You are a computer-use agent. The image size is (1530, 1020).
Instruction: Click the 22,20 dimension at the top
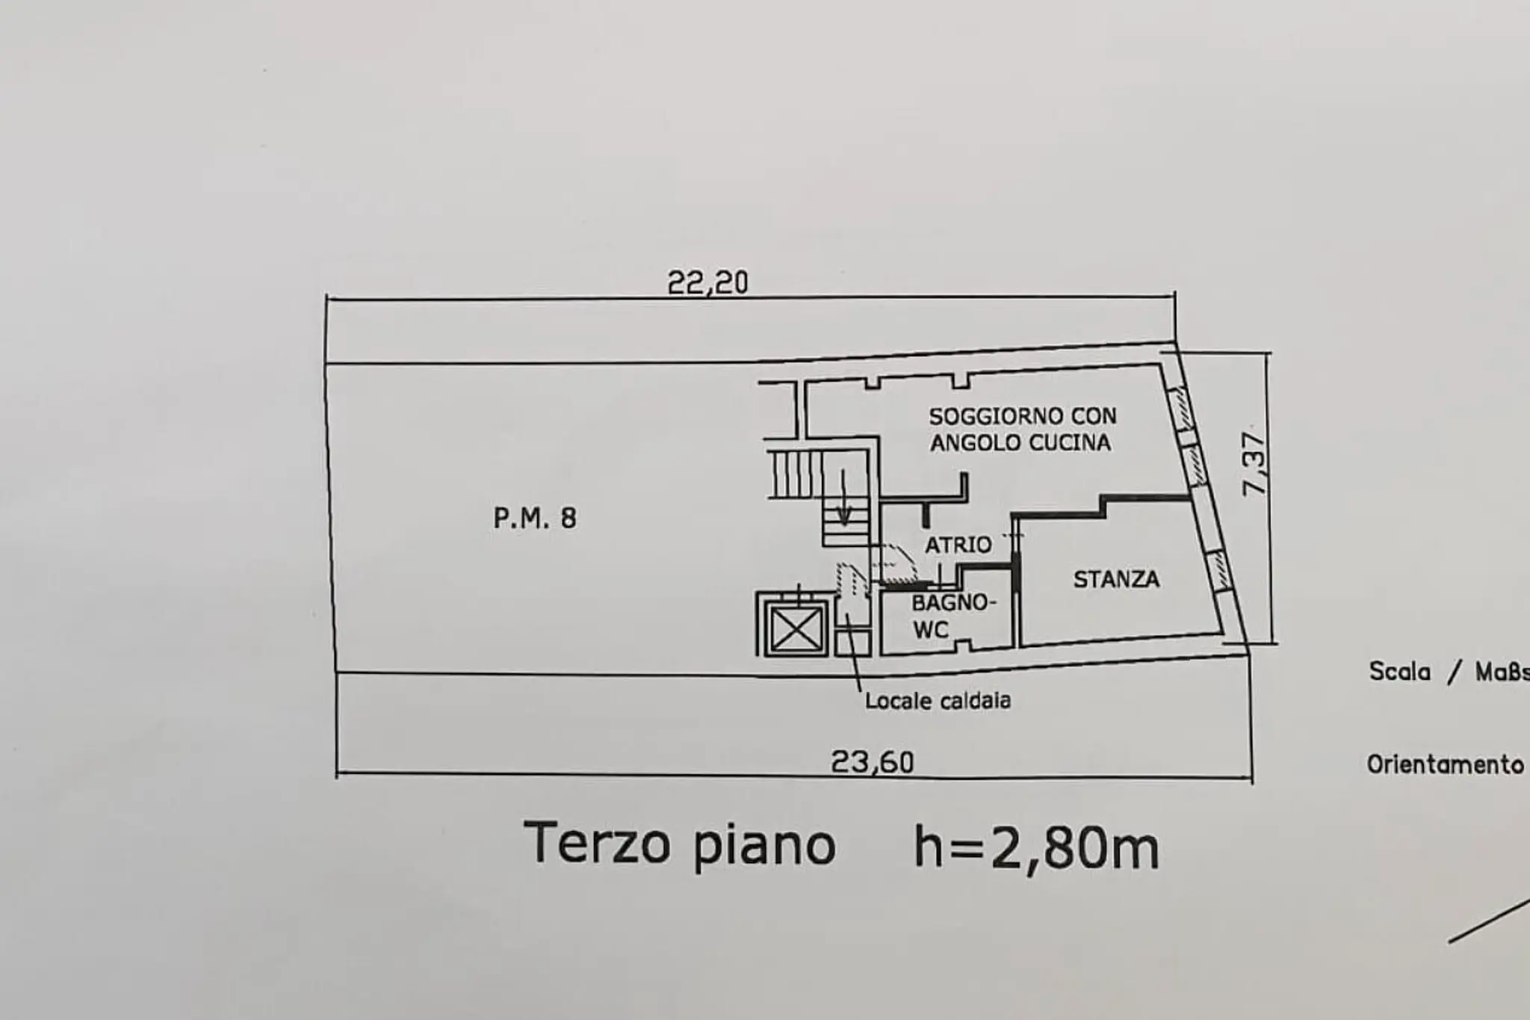click(x=707, y=282)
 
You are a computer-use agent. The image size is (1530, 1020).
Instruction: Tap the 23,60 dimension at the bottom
click(x=873, y=762)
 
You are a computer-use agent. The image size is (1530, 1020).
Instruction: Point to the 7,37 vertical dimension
click(x=1254, y=464)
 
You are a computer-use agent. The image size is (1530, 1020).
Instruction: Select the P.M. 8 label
click(x=535, y=518)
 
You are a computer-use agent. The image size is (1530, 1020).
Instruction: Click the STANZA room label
click(x=1116, y=579)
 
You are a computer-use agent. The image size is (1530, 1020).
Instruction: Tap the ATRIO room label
click(x=958, y=545)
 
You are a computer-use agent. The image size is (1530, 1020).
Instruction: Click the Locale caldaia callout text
click(x=938, y=701)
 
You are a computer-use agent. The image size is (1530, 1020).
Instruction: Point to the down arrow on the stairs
click(x=843, y=496)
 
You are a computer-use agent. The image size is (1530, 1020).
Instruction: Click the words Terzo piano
click(x=678, y=844)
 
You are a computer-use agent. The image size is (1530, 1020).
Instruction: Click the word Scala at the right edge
click(x=1399, y=671)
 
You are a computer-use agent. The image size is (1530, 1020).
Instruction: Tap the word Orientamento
click(x=1445, y=764)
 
